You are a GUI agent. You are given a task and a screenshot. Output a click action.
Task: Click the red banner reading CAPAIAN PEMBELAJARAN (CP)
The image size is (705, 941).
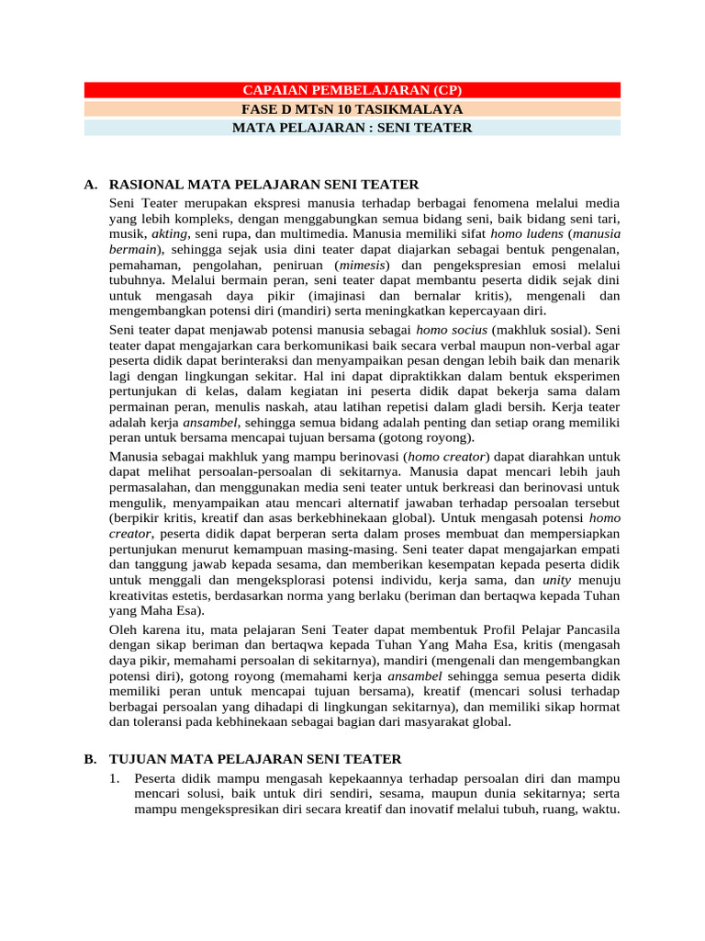[x=352, y=90]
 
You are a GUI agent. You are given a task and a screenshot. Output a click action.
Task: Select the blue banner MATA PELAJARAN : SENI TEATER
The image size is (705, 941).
[x=352, y=128]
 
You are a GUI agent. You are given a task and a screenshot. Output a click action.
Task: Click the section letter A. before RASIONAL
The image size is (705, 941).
[x=90, y=185]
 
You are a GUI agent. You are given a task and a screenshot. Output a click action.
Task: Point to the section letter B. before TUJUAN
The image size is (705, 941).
[x=90, y=759]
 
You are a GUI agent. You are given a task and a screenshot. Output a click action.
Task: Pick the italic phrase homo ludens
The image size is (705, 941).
[x=522, y=234]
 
